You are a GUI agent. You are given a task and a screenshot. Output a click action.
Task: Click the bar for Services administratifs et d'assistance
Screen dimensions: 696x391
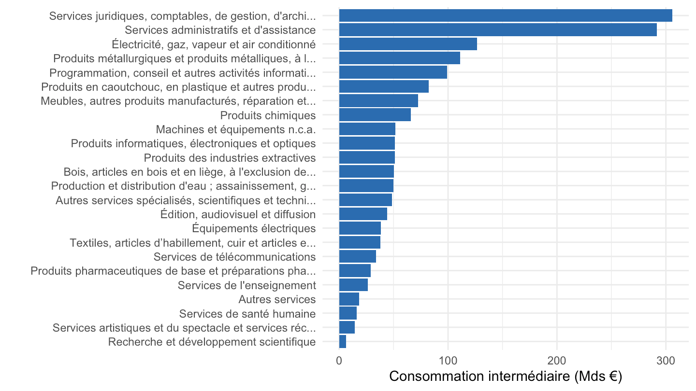click(x=498, y=30)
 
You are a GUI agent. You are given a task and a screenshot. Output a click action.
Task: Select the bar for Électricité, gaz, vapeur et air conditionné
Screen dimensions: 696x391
click(x=408, y=44)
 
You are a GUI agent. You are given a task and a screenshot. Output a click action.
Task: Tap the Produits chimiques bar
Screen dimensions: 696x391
click(x=375, y=115)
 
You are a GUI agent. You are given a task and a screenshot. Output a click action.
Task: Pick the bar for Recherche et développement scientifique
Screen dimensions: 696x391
click(x=342, y=342)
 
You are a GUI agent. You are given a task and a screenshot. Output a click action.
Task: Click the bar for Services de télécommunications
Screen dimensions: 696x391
click(x=357, y=257)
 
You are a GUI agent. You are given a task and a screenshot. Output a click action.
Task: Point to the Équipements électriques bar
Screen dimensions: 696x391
click(x=360, y=228)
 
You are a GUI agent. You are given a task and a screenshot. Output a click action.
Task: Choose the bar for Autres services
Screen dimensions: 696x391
click(x=349, y=299)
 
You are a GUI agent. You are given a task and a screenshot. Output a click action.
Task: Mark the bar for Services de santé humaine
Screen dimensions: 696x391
click(x=348, y=313)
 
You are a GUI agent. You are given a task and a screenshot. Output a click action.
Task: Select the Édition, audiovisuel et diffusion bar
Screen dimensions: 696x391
click(x=363, y=214)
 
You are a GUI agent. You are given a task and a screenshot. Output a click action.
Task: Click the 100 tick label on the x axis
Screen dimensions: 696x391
click(x=448, y=361)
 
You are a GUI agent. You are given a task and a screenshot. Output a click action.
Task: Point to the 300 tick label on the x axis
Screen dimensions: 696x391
click(x=666, y=361)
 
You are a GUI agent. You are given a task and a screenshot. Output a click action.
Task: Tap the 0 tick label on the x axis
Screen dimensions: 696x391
click(x=339, y=361)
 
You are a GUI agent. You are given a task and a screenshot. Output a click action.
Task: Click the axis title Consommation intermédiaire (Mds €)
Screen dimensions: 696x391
click(x=506, y=376)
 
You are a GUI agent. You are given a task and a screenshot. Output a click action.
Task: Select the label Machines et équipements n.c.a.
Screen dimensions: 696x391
click(x=236, y=129)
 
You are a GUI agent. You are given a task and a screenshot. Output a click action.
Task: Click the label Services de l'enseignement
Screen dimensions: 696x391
click(x=246, y=285)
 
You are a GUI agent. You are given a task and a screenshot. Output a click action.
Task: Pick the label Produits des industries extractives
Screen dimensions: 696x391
click(x=230, y=158)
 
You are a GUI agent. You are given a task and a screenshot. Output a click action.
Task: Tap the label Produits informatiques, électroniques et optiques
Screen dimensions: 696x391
click(x=193, y=143)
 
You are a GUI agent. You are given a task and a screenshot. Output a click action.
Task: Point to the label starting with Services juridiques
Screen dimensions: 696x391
click(x=182, y=16)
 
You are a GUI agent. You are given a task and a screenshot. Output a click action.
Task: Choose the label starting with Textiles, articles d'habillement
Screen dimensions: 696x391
click(x=193, y=243)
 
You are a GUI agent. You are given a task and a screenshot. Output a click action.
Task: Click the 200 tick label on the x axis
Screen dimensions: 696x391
click(x=557, y=361)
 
